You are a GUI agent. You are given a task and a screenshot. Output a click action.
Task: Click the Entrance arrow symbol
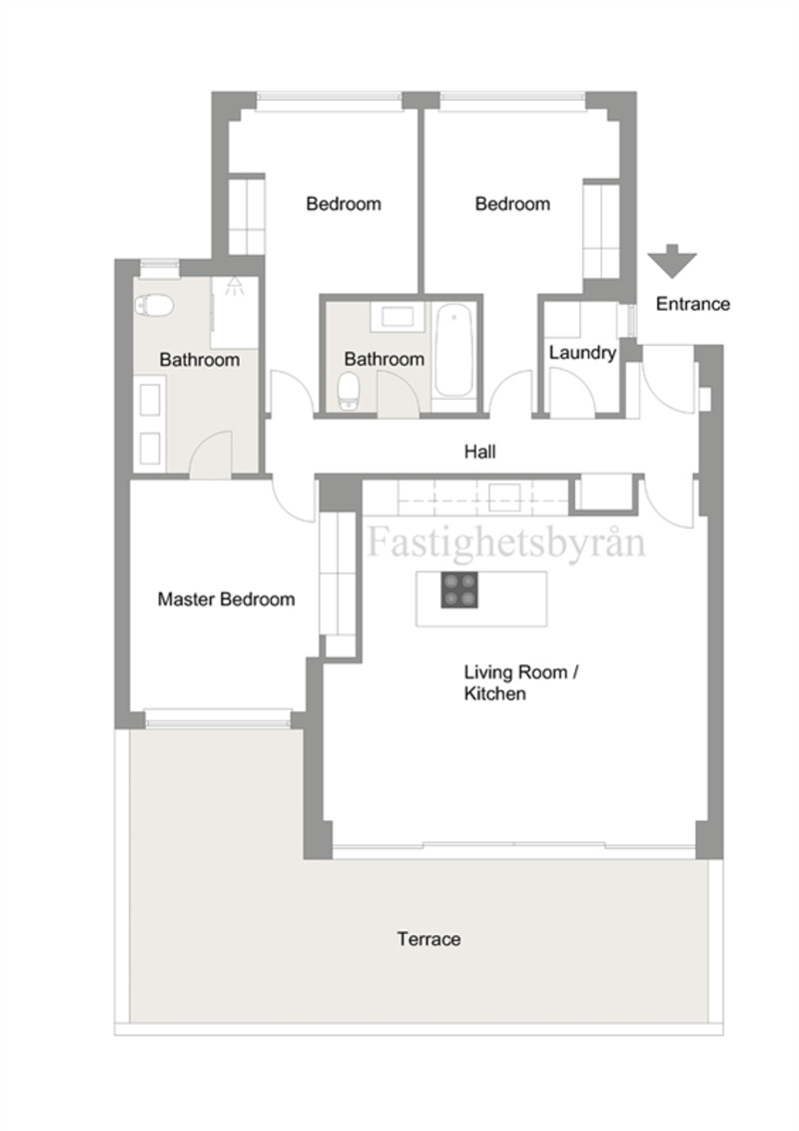(x=671, y=261)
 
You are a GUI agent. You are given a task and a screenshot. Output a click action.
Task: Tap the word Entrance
(x=692, y=304)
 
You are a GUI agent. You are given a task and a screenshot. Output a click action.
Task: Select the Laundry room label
(x=582, y=353)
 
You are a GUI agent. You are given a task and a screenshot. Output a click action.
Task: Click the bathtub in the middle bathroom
(x=453, y=352)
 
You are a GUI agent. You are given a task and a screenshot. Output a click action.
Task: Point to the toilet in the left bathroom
(x=154, y=305)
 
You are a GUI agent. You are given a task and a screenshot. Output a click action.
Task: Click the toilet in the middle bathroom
(x=350, y=391)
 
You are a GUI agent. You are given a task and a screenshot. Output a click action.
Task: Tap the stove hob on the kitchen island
(x=459, y=590)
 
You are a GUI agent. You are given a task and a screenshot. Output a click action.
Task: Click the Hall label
(x=479, y=453)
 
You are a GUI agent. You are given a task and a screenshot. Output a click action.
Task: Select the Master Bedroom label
(x=226, y=599)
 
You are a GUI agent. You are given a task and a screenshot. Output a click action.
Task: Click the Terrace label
(x=428, y=939)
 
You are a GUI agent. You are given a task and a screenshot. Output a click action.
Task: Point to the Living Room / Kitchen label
(x=520, y=683)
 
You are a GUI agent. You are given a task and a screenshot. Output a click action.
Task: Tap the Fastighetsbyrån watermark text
(x=506, y=543)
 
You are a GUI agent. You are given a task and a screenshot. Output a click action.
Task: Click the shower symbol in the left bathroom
(x=234, y=286)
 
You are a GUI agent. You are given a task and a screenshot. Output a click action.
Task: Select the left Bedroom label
(x=344, y=204)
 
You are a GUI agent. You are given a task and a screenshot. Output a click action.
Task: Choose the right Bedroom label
(x=512, y=204)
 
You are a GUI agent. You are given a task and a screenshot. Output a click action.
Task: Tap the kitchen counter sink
(x=504, y=498)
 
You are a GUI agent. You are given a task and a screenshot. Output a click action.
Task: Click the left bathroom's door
(x=211, y=454)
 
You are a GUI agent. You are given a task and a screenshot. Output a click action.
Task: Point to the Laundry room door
(x=572, y=392)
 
